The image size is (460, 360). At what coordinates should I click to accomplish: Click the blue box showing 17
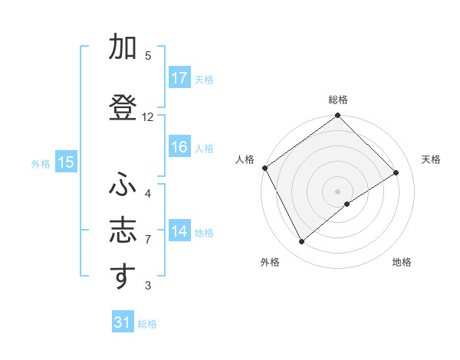coord(179,78)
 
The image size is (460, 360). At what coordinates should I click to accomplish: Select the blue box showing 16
coord(179,147)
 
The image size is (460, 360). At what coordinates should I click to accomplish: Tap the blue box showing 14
coord(179,231)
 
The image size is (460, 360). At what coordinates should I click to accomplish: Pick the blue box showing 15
coord(65,162)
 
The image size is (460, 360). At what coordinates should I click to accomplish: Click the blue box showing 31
coord(122,322)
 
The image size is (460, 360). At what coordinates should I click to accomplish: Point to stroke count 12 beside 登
coord(148,117)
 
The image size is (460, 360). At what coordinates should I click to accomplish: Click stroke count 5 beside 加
coord(148,56)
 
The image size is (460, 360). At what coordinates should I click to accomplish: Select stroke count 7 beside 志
coord(148,240)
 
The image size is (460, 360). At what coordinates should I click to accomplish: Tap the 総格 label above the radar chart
coord(337,100)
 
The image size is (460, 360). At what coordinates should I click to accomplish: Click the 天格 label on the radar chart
coord(431,159)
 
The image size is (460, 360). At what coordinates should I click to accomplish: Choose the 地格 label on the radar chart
coord(402,262)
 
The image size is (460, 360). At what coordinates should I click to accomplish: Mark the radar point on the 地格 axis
coord(347,204)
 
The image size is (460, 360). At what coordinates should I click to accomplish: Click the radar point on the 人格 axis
coord(264,168)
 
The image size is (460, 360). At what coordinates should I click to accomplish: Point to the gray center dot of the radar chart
coord(337,190)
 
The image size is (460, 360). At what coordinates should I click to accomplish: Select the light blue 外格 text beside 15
coord(40,163)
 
